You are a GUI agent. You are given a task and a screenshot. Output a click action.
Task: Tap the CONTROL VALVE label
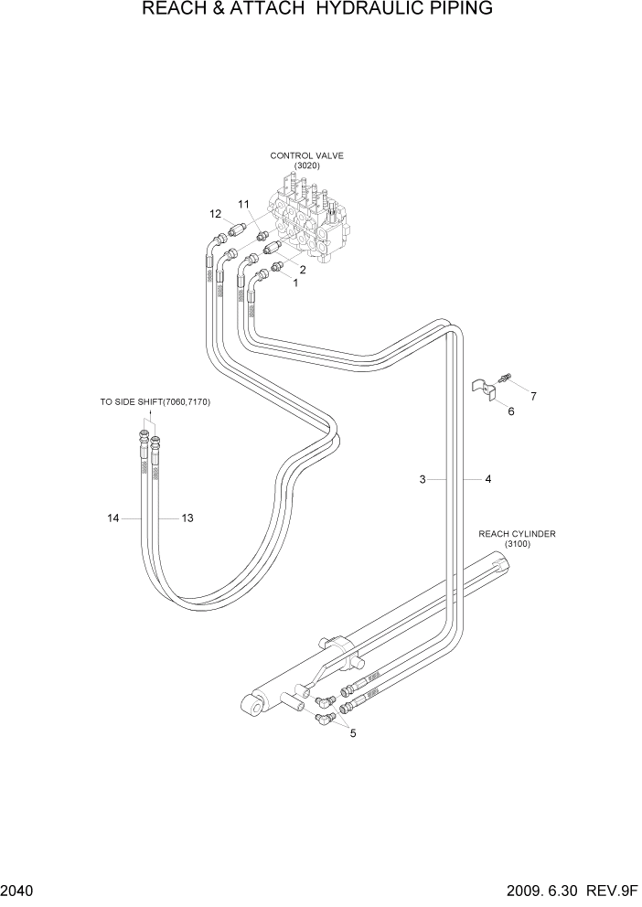tap(306, 156)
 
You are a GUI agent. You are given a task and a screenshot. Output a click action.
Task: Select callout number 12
tap(216, 214)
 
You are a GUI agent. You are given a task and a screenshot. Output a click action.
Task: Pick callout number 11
tap(244, 203)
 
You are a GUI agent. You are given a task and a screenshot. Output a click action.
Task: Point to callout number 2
tap(302, 269)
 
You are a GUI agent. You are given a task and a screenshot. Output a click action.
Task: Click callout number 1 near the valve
tap(295, 283)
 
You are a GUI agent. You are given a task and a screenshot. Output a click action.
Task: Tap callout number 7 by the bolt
tap(533, 396)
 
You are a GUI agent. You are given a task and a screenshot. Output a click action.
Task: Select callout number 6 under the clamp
tap(511, 411)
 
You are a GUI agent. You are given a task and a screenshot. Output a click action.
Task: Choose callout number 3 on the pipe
tap(423, 479)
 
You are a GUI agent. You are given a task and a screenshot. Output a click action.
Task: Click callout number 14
tap(113, 518)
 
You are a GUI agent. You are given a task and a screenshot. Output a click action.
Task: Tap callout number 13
tap(187, 518)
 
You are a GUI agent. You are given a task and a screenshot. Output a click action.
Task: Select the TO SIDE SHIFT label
tap(155, 401)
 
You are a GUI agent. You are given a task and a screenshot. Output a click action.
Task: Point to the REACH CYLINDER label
tap(517, 534)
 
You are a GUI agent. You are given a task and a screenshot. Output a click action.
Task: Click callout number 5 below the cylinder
tap(353, 732)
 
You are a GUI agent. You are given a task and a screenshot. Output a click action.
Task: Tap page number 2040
tap(18, 891)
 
